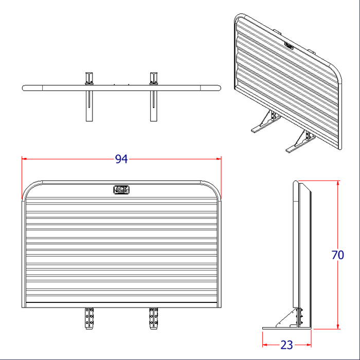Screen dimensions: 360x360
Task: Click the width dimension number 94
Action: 121,159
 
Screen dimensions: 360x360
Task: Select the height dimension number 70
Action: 338,255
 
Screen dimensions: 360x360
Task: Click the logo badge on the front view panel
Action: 121,189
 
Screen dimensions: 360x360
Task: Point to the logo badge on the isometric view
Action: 289,45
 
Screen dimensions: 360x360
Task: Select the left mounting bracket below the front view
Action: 89,318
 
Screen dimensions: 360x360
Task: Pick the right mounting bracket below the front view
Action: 153,318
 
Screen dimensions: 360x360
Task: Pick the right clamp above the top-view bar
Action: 153,78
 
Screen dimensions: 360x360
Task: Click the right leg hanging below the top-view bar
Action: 153,106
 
